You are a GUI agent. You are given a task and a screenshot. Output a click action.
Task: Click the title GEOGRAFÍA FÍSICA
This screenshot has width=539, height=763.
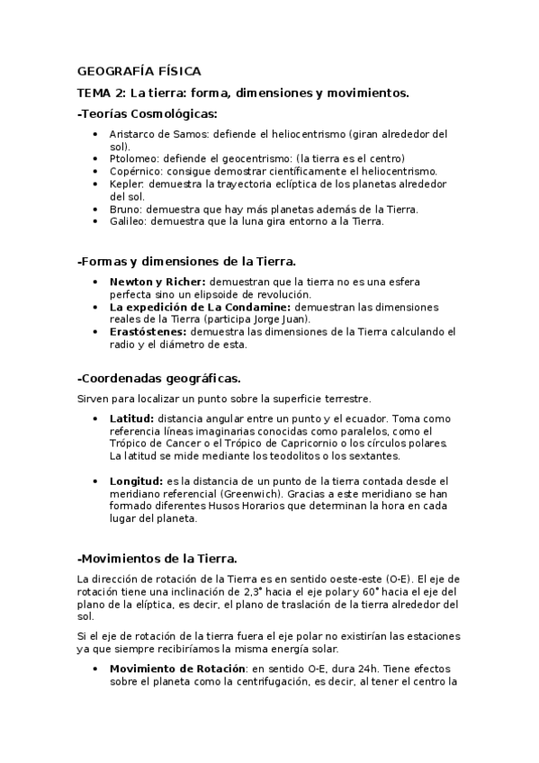(x=139, y=70)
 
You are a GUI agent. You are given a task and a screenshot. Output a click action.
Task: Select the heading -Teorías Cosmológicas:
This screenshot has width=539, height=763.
(x=148, y=113)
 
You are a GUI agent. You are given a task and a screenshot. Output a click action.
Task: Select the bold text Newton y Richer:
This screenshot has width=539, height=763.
(x=157, y=282)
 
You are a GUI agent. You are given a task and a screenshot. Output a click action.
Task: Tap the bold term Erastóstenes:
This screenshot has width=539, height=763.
(x=148, y=331)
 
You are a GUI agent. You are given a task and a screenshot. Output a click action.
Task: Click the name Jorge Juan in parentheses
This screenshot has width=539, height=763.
(x=279, y=319)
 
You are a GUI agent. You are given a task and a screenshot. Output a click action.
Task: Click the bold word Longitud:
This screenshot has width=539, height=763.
(x=136, y=480)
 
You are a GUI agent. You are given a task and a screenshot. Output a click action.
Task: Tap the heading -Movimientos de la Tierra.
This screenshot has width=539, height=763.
(x=157, y=558)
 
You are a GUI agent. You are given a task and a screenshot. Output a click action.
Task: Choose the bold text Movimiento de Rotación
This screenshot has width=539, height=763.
(x=177, y=669)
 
